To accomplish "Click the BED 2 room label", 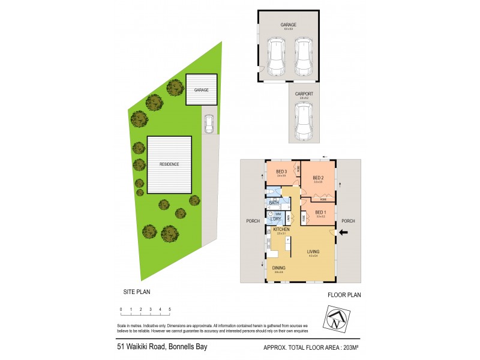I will pos(319,178).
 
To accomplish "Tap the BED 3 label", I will pos(281,172).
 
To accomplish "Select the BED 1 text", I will pos(320,212).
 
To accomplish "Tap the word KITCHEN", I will pos(281,229).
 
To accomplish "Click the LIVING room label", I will pos(312,251).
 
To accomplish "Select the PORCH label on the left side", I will pos(253,221).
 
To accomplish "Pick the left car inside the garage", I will pos(276,56).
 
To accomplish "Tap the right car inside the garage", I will pos(304,56).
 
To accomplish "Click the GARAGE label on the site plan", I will pos(201,89).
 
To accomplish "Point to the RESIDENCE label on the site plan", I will pos(169,164).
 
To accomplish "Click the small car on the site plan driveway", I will pos(209,124).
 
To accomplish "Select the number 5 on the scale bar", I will pos(170,309).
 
